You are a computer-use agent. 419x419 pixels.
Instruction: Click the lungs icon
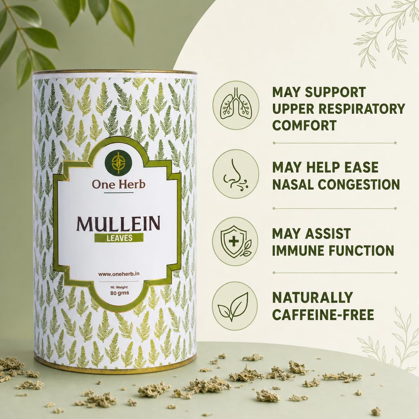click(236, 105)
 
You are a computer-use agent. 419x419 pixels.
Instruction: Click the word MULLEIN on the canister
click(118, 224)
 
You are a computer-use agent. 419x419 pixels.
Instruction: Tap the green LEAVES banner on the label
click(119, 238)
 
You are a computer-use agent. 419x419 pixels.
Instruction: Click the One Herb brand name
click(118, 184)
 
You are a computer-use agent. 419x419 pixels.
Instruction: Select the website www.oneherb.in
click(119, 274)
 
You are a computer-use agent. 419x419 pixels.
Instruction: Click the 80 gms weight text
click(119, 293)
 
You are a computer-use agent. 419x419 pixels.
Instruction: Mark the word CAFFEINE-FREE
click(323, 315)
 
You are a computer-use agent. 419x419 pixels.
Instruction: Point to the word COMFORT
click(304, 125)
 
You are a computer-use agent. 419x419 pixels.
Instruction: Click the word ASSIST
click(328, 234)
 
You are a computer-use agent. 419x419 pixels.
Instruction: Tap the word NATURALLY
click(313, 298)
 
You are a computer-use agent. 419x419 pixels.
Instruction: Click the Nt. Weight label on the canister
click(119, 288)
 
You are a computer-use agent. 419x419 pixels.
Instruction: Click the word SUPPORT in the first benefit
click(336, 92)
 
